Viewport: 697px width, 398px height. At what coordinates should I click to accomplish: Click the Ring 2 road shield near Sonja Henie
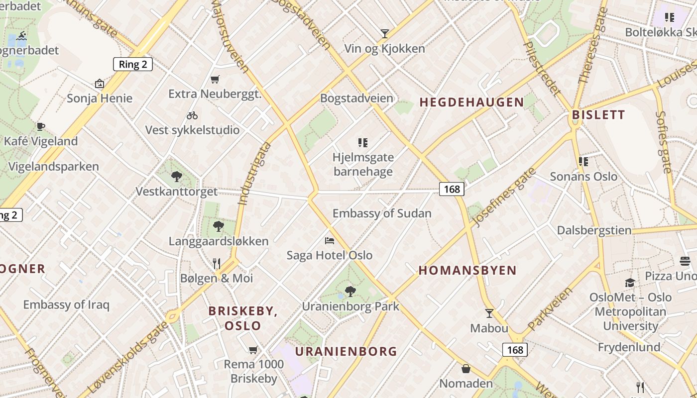tap(132, 64)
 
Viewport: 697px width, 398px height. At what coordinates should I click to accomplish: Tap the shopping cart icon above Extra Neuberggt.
tap(215, 79)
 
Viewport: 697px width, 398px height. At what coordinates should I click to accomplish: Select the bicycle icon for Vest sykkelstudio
tap(192, 115)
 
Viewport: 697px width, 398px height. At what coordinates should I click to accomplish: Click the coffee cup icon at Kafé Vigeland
tap(41, 126)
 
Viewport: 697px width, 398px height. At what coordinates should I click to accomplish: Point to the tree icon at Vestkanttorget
tap(176, 176)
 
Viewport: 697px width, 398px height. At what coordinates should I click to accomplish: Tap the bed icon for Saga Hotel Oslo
tap(329, 241)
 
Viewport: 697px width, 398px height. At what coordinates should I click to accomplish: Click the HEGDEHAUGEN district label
tap(471, 102)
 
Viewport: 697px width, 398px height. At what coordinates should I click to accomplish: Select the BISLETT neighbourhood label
tap(598, 115)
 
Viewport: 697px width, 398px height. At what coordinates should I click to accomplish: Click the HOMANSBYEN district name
tap(467, 271)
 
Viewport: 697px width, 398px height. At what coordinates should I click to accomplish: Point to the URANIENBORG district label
tap(346, 352)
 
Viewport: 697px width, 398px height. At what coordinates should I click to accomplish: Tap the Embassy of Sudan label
tap(382, 213)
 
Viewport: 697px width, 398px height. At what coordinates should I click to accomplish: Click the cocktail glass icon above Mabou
tap(489, 313)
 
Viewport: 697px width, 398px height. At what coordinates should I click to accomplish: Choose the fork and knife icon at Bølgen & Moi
tap(217, 263)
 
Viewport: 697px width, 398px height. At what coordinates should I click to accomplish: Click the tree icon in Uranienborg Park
tap(350, 292)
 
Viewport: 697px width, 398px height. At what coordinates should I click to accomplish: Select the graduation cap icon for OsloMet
tap(630, 283)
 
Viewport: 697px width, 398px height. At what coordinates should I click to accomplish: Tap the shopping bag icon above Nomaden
tap(466, 369)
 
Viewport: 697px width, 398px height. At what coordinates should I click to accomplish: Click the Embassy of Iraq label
tap(66, 304)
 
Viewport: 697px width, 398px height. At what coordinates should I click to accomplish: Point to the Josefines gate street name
tap(503, 198)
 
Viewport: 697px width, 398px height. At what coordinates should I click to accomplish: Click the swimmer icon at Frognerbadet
tap(21, 36)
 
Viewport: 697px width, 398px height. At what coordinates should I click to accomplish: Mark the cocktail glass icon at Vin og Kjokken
tap(384, 34)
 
